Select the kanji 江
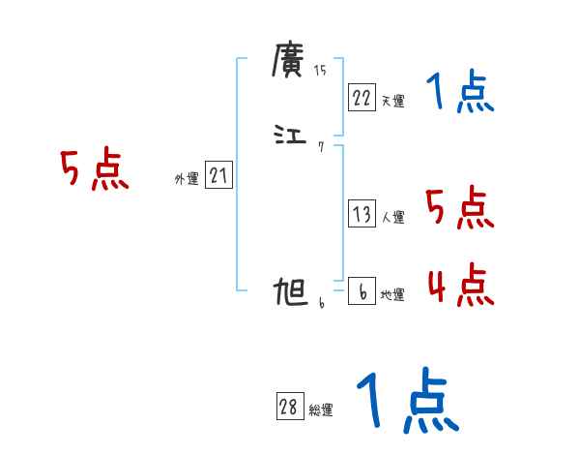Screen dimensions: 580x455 point(289,136)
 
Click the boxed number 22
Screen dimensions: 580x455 point(362,98)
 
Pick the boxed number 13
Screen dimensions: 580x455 point(362,215)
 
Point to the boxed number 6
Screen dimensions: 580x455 point(362,292)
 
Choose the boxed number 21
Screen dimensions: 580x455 point(218,175)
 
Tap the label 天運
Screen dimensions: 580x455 point(392,101)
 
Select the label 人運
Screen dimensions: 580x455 point(392,218)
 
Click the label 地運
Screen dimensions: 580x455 point(392,295)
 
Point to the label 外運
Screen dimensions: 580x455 point(187,178)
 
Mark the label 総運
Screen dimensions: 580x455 point(321,410)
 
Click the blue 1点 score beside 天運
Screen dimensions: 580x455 point(460,93)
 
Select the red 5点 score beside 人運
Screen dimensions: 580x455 point(460,208)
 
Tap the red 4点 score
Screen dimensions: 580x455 point(460,285)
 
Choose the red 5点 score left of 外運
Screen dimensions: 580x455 point(94,171)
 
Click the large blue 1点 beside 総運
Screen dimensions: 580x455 point(407,400)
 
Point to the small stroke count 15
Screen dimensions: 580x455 point(321,70)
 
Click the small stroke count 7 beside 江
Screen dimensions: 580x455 point(320,147)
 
